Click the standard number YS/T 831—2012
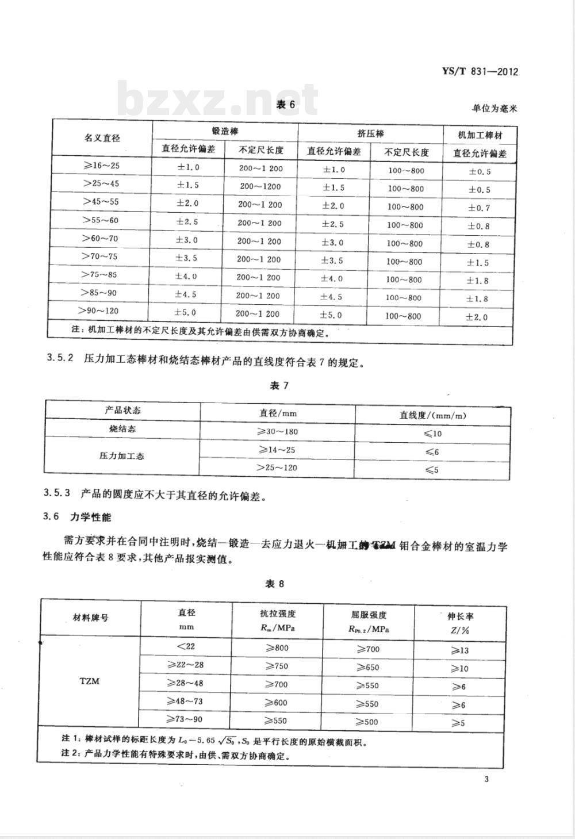click(480, 72)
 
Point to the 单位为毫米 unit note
click(494, 108)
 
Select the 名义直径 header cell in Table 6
click(102, 139)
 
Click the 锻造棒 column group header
click(225, 132)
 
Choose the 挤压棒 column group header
click(370, 133)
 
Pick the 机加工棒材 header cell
click(480, 136)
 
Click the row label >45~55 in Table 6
click(101, 202)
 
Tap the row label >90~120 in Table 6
click(101, 311)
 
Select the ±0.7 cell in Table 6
click(479, 208)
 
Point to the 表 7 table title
click(279, 385)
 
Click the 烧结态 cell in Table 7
click(122, 429)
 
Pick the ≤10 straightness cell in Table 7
click(432, 434)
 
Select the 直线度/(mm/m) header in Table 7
click(432, 415)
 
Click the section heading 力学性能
click(90, 517)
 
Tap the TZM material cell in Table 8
click(89, 681)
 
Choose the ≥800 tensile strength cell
click(277, 648)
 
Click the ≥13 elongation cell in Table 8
click(459, 650)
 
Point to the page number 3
click(486, 779)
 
